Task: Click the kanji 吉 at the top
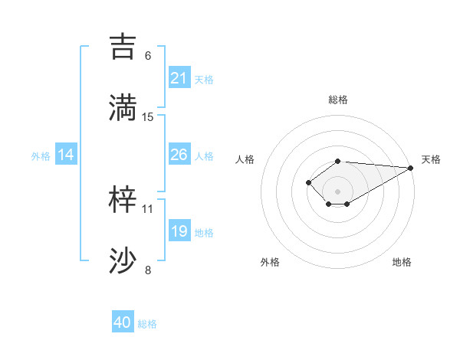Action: pyautogui.click(x=124, y=45)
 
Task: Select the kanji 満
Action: pyautogui.click(x=124, y=106)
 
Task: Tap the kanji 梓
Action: pyautogui.click(x=124, y=199)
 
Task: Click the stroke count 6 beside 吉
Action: pyautogui.click(x=148, y=55)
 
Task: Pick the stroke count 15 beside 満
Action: pyautogui.click(x=148, y=116)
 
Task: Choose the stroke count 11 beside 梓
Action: pyautogui.click(x=148, y=208)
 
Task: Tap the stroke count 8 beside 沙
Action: pyautogui.click(x=148, y=270)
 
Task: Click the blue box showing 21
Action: pyautogui.click(x=179, y=78)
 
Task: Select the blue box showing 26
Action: pyautogui.click(x=179, y=155)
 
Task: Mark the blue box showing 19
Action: pyautogui.click(x=179, y=231)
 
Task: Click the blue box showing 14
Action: pyautogui.click(x=66, y=155)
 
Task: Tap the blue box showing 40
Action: pyautogui.click(x=123, y=322)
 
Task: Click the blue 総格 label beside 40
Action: pyautogui.click(x=147, y=324)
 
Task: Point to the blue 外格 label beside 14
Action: pyautogui.click(x=41, y=156)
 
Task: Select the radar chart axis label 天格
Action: pyautogui.click(x=431, y=159)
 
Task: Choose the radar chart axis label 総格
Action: pyautogui.click(x=338, y=100)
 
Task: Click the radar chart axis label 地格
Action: pyautogui.click(x=402, y=263)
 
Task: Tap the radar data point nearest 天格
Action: pyautogui.click(x=411, y=168)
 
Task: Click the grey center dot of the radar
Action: pyautogui.click(x=338, y=191)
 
